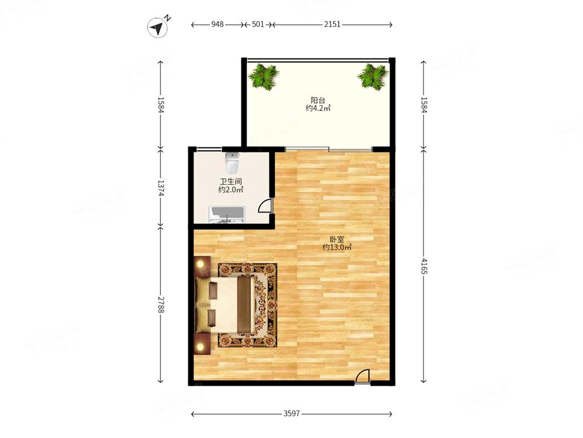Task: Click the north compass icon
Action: click(x=159, y=26)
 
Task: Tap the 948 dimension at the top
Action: click(x=217, y=24)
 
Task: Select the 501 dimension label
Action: click(x=258, y=24)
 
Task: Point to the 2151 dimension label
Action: click(x=332, y=24)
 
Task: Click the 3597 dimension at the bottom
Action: click(x=291, y=413)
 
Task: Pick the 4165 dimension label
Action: click(x=424, y=265)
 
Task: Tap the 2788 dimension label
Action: click(x=161, y=304)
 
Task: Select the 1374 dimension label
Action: click(x=161, y=188)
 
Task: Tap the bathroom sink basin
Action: click(x=226, y=215)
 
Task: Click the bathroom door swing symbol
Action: click(x=266, y=206)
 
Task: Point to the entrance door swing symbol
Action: click(x=363, y=376)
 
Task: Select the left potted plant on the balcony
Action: click(x=264, y=77)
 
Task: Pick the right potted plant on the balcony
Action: click(x=373, y=77)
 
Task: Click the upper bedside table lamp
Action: click(x=201, y=264)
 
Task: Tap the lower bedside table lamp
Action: click(x=201, y=347)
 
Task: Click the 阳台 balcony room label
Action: click(x=318, y=100)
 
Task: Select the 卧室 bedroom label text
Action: click(x=337, y=239)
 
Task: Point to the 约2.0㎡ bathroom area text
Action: click(x=230, y=190)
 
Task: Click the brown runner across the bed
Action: click(x=244, y=304)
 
